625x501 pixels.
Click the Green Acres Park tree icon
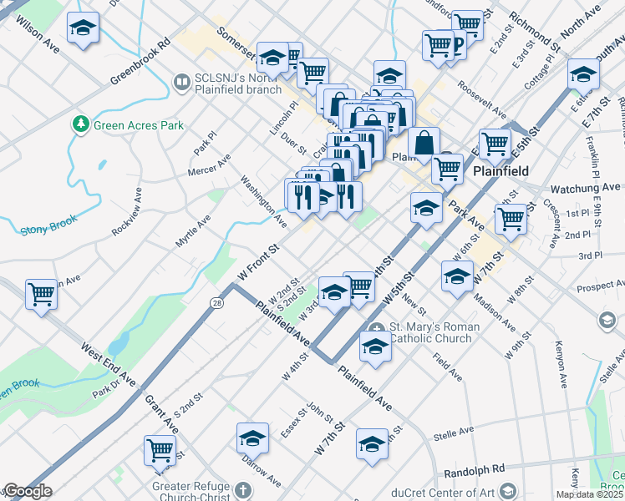point(81,125)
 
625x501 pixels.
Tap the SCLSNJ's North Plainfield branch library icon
point(181,82)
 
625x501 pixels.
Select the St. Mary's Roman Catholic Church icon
point(377,327)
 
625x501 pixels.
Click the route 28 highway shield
point(216,302)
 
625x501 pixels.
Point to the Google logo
point(27,492)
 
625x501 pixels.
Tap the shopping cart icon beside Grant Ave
point(159,449)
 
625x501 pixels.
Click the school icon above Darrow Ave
point(252,436)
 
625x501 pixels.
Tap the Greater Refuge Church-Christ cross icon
point(242,489)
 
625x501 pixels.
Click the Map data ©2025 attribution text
point(589,494)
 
